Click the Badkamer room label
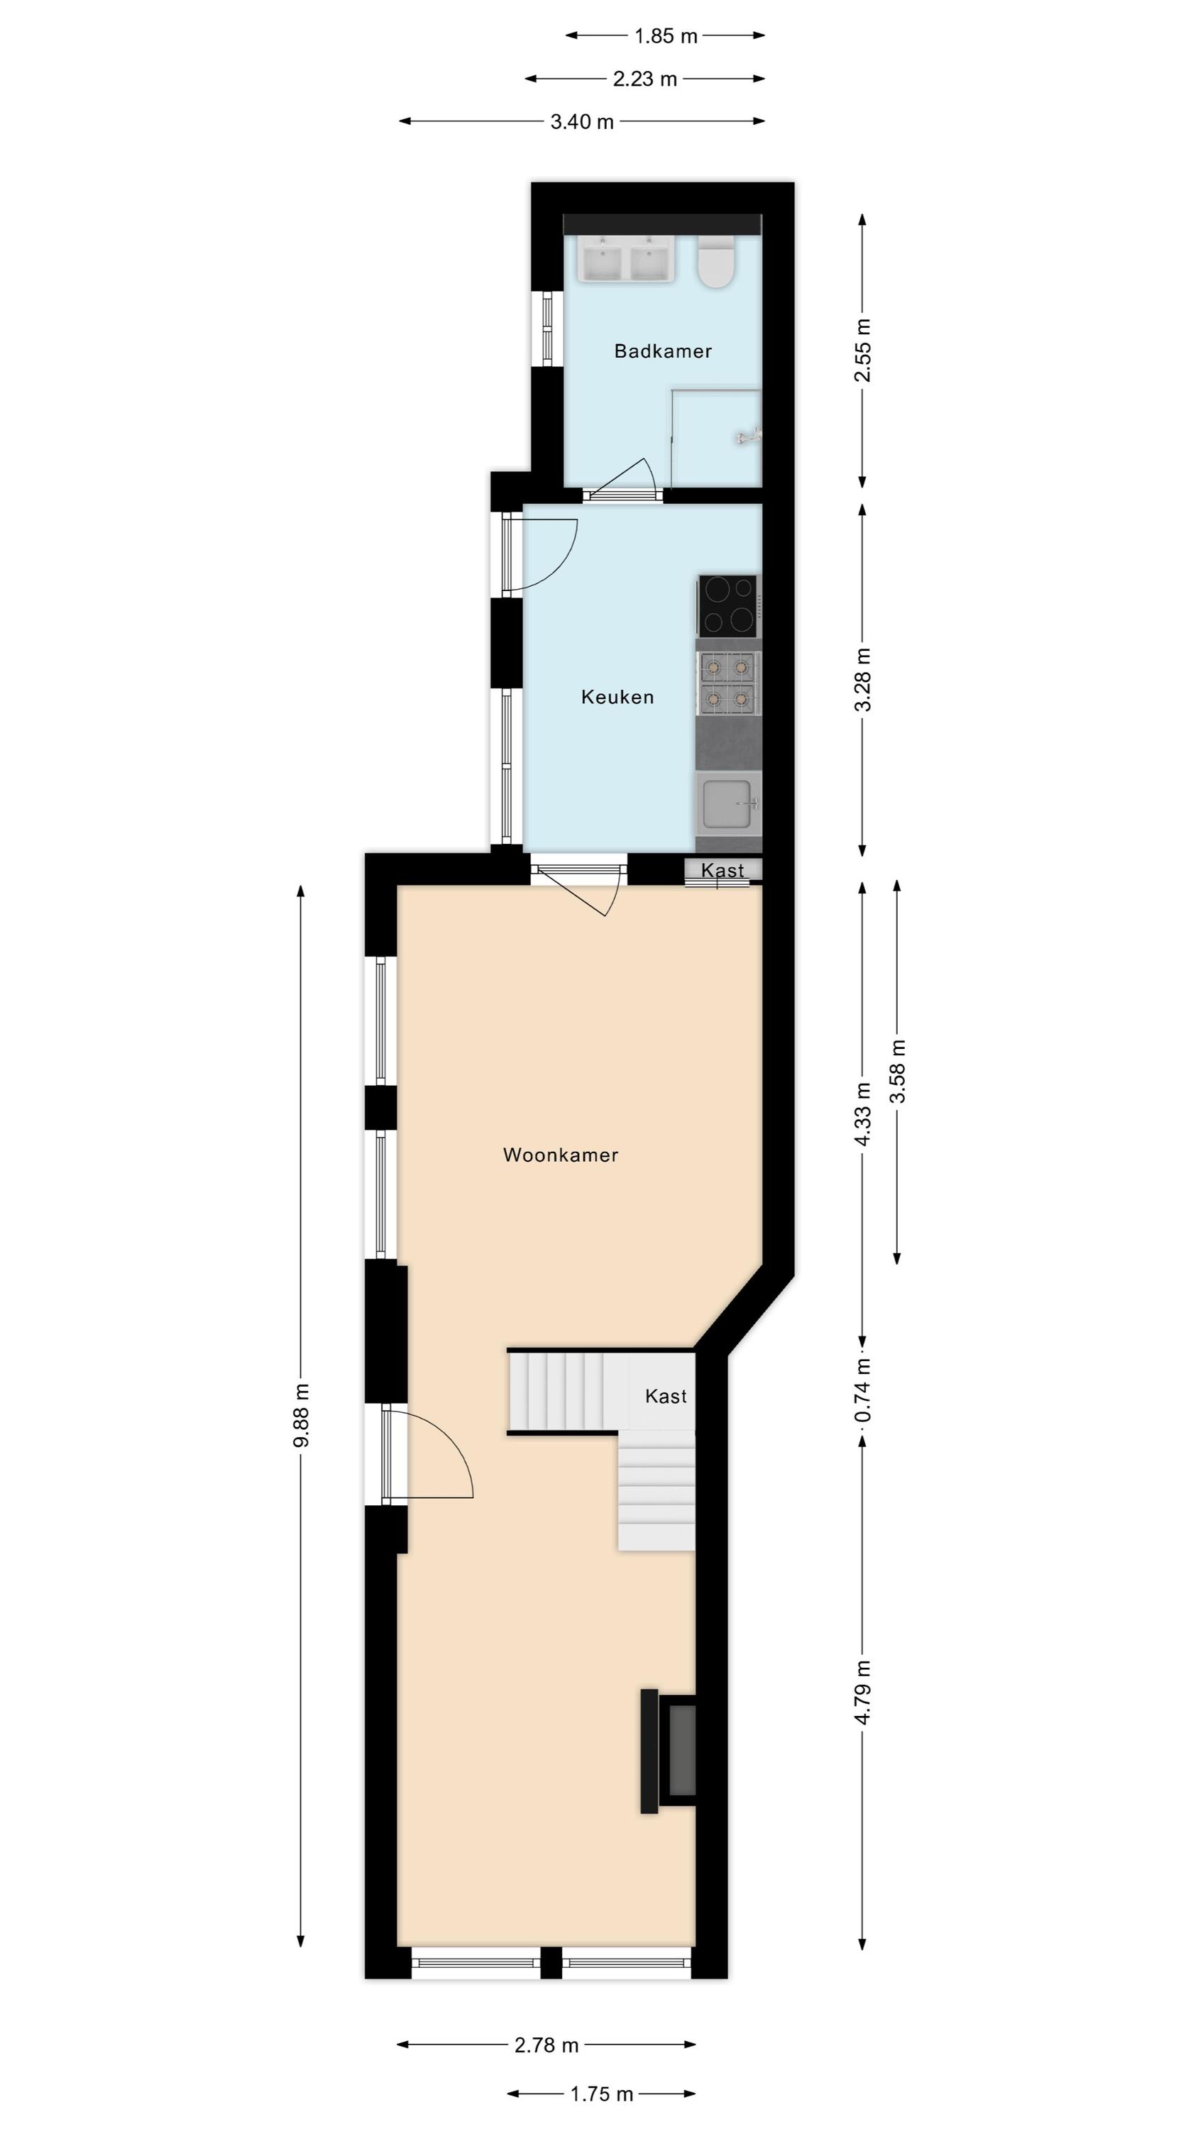pyautogui.click(x=662, y=351)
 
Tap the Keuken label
pyautogui.click(x=617, y=697)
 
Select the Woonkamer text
pyautogui.click(x=561, y=1155)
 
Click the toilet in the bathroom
pyautogui.click(x=716, y=261)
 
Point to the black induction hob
pyautogui.click(x=727, y=606)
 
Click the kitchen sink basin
pyautogui.click(x=727, y=804)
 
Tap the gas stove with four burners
pyautogui.click(x=727, y=683)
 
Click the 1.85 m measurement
pyautogui.click(x=666, y=36)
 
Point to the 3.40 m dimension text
pyautogui.click(x=582, y=122)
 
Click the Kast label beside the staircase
pyautogui.click(x=666, y=1396)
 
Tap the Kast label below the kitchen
pyautogui.click(x=722, y=870)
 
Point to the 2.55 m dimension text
pyautogui.click(x=863, y=351)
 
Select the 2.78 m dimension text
pyautogui.click(x=546, y=2045)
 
